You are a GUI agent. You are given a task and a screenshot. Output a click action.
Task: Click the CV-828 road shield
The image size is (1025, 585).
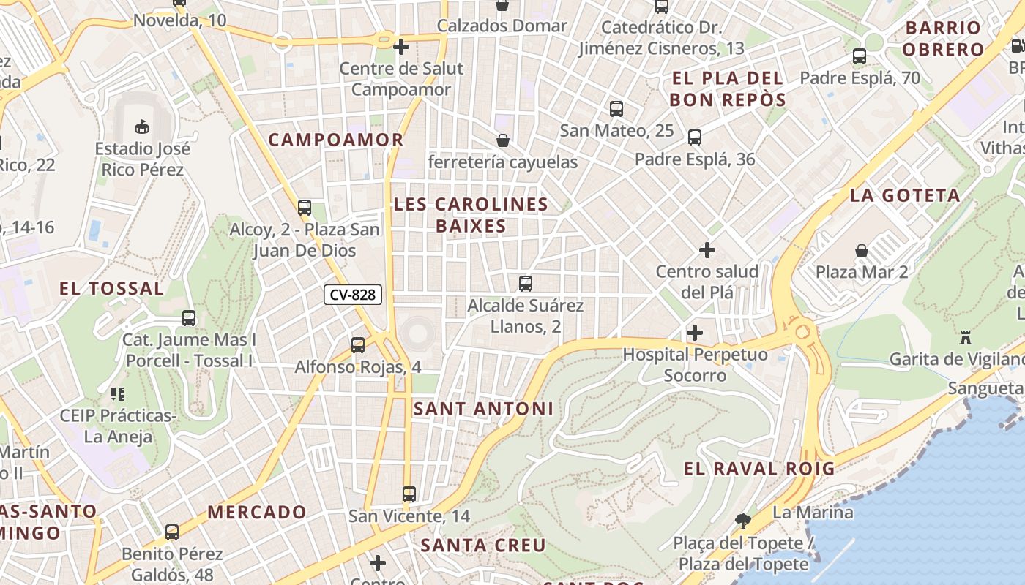(353, 295)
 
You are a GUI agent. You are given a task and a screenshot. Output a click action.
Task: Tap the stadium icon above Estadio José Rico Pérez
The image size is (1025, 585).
(142, 127)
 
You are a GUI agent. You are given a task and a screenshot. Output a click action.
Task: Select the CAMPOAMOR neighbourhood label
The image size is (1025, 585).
(335, 140)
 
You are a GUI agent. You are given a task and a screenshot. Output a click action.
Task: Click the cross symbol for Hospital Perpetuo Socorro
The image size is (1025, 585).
(695, 333)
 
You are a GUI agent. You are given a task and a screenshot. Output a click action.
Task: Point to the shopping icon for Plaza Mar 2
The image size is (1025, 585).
(862, 251)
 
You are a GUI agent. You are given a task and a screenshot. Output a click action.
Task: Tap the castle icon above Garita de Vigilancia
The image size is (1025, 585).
(965, 338)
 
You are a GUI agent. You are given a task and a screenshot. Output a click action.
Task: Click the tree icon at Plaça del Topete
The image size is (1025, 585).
(743, 521)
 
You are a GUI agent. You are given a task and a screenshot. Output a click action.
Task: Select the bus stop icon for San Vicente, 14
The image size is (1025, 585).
(409, 494)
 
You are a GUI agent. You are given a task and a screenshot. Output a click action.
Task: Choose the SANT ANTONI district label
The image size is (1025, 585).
(483, 409)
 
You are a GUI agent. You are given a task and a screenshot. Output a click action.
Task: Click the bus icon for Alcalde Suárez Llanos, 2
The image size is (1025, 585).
(525, 284)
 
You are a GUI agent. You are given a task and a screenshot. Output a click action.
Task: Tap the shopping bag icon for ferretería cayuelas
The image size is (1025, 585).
(503, 140)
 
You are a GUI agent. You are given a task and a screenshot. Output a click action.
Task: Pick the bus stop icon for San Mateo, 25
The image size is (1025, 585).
(616, 109)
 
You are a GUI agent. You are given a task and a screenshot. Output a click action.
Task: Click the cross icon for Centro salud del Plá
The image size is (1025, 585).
(707, 250)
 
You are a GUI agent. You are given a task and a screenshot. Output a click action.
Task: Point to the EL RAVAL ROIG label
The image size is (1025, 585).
(759, 469)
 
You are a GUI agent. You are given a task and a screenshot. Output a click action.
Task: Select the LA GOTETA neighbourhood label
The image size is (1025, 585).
(905, 195)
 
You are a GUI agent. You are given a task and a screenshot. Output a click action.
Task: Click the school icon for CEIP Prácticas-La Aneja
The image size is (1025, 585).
(117, 394)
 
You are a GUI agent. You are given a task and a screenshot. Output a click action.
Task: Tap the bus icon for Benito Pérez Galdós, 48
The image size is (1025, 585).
(172, 532)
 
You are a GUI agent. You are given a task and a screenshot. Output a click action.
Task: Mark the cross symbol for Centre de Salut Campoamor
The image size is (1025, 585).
(401, 47)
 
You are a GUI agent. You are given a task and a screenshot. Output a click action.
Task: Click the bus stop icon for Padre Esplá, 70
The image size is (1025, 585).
(860, 56)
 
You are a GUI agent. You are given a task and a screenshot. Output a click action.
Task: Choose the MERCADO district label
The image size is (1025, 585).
(256, 512)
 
